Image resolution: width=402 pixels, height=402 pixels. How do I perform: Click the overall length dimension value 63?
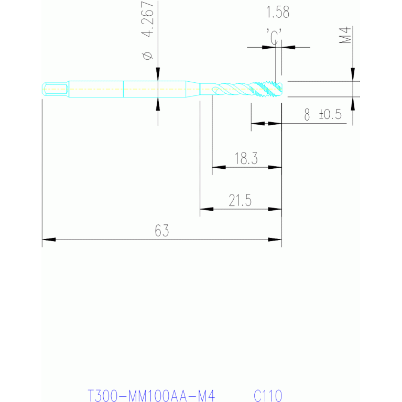(x=162, y=231)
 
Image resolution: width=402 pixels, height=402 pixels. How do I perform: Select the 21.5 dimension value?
(x=240, y=200)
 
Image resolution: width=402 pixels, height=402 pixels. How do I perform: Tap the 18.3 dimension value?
(x=246, y=158)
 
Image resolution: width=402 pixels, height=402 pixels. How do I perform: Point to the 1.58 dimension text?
(x=278, y=12)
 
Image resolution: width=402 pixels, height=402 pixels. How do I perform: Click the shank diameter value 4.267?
(x=148, y=18)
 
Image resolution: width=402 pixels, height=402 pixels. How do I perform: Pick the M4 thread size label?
(x=345, y=35)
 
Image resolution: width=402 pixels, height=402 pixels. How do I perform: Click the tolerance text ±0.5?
(x=331, y=114)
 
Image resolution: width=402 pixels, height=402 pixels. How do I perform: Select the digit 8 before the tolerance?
(x=307, y=114)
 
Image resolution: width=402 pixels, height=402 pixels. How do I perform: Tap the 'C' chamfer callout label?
(x=274, y=37)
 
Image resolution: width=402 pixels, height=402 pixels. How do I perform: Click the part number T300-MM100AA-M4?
(x=151, y=396)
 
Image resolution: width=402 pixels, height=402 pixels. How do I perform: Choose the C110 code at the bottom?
(x=268, y=396)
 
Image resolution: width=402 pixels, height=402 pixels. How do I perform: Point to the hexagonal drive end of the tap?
(x=56, y=89)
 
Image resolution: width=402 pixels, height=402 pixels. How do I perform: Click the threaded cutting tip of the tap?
(x=267, y=89)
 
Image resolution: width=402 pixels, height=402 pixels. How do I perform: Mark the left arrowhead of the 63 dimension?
(x=49, y=240)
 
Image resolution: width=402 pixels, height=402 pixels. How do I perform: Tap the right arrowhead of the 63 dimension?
(x=275, y=240)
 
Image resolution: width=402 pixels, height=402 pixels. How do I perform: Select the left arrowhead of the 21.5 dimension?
(x=207, y=209)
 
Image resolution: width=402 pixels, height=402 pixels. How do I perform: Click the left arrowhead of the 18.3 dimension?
(x=219, y=167)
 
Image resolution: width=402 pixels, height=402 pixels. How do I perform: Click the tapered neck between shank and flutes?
(x=193, y=89)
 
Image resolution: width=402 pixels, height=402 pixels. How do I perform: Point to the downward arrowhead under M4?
(x=353, y=74)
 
